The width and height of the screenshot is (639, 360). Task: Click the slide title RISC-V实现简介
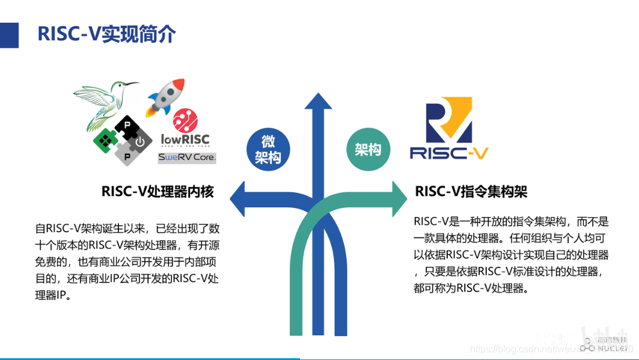[x=106, y=34]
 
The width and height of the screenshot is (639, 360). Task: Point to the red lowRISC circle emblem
[x=185, y=120]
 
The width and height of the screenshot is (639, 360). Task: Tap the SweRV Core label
[x=187, y=157]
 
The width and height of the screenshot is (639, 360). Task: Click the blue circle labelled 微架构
[x=268, y=149]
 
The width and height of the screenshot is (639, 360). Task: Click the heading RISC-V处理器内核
[x=157, y=192]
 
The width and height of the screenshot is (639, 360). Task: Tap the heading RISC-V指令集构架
[x=471, y=192]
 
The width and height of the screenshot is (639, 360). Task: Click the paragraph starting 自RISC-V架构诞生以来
[x=127, y=261]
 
